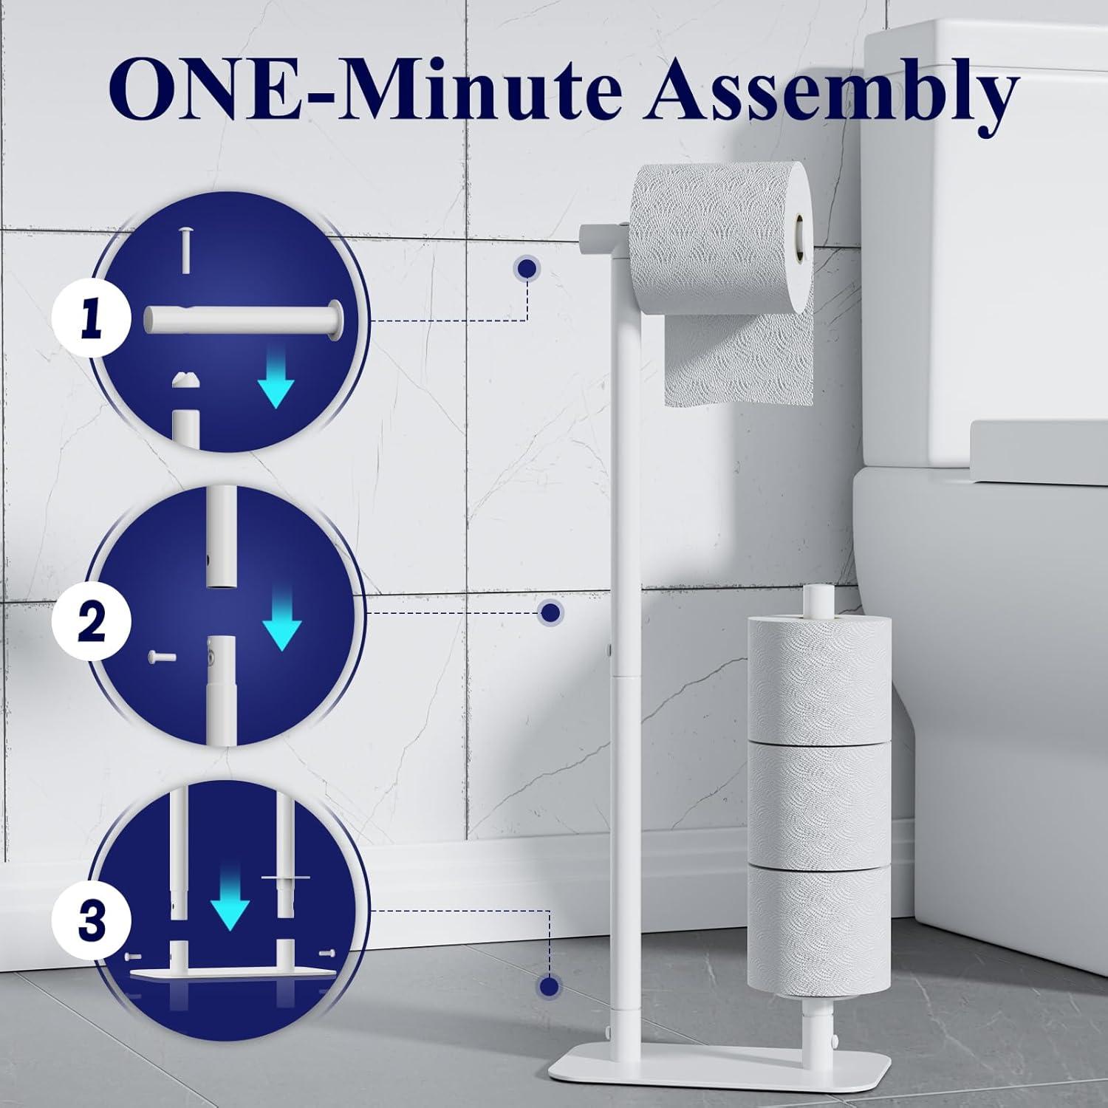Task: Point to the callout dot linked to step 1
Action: click(x=527, y=270)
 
